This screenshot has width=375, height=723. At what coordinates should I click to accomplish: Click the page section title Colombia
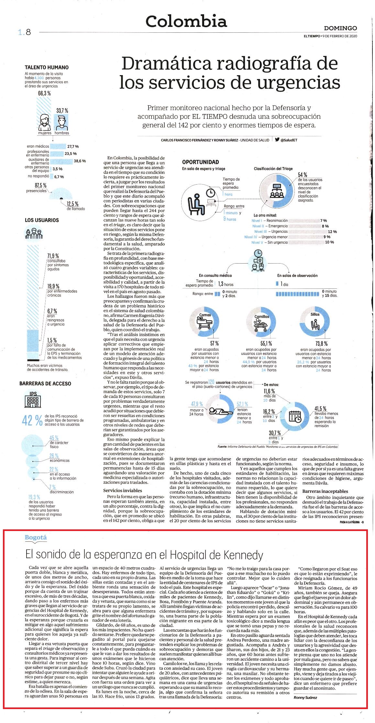pos(186,21)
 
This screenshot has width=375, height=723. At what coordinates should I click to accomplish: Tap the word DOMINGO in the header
pos(340,28)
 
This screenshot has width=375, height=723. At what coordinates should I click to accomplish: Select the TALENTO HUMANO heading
pos(47,67)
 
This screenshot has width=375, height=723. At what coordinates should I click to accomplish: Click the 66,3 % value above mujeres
pos(44,93)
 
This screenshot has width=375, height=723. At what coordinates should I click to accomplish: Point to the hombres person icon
pos(61,122)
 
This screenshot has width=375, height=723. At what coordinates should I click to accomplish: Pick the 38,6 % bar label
pos(80,161)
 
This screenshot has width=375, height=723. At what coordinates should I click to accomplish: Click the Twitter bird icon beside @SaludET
pos(277,140)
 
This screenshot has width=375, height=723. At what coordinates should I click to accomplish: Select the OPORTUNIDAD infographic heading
pos(200,162)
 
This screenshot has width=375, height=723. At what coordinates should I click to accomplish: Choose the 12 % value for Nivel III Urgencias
pos(332,232)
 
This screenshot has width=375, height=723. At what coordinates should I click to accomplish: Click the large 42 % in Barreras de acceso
pos(32,421)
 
